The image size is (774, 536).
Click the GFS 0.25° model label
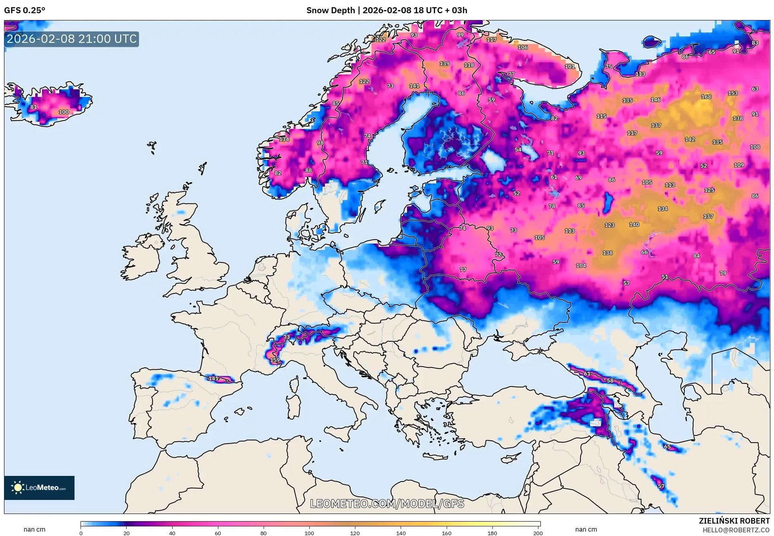tap(24, 10)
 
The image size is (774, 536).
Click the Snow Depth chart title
tap(387, 10)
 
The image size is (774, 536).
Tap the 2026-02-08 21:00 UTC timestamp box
tap(72, 39)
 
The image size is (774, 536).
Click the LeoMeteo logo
tap(39, 488)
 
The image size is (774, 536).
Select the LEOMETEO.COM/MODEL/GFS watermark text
tap(387, 504)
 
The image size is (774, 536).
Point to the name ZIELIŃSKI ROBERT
tap(734, 521)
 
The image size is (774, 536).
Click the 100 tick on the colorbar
tap(309, 533)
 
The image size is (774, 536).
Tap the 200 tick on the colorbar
tap(538, 533)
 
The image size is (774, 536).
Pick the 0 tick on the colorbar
tap(81, 533)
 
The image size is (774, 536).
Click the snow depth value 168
tap(706, 97)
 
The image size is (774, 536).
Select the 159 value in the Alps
tap(275, 360)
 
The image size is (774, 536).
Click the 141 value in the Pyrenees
tap(214, 378)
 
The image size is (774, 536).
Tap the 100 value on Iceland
tap(64, 112)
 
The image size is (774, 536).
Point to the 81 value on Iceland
tap(34, 107)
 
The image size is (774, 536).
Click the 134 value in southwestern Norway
tap(284, 139)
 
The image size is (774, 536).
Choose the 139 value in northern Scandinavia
tap(444, 64)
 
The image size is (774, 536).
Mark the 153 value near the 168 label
tap(732, 93)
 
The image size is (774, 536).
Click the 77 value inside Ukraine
tap(463, 270)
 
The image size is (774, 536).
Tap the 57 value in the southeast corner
tap(661, 486)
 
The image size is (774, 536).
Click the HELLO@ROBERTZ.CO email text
tap(736, 530)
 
